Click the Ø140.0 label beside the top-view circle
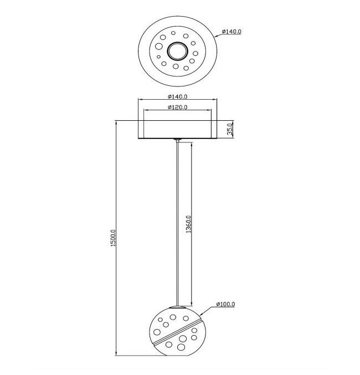[232, 32]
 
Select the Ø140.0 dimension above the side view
[177, 96]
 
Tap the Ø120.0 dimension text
[177, 107]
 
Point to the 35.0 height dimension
[230, 130]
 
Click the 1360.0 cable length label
[189, 224]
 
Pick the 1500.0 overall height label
[113, 238]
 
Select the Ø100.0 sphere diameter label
[225, 304]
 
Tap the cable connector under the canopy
[177, 140]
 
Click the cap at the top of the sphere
[177, 307]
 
